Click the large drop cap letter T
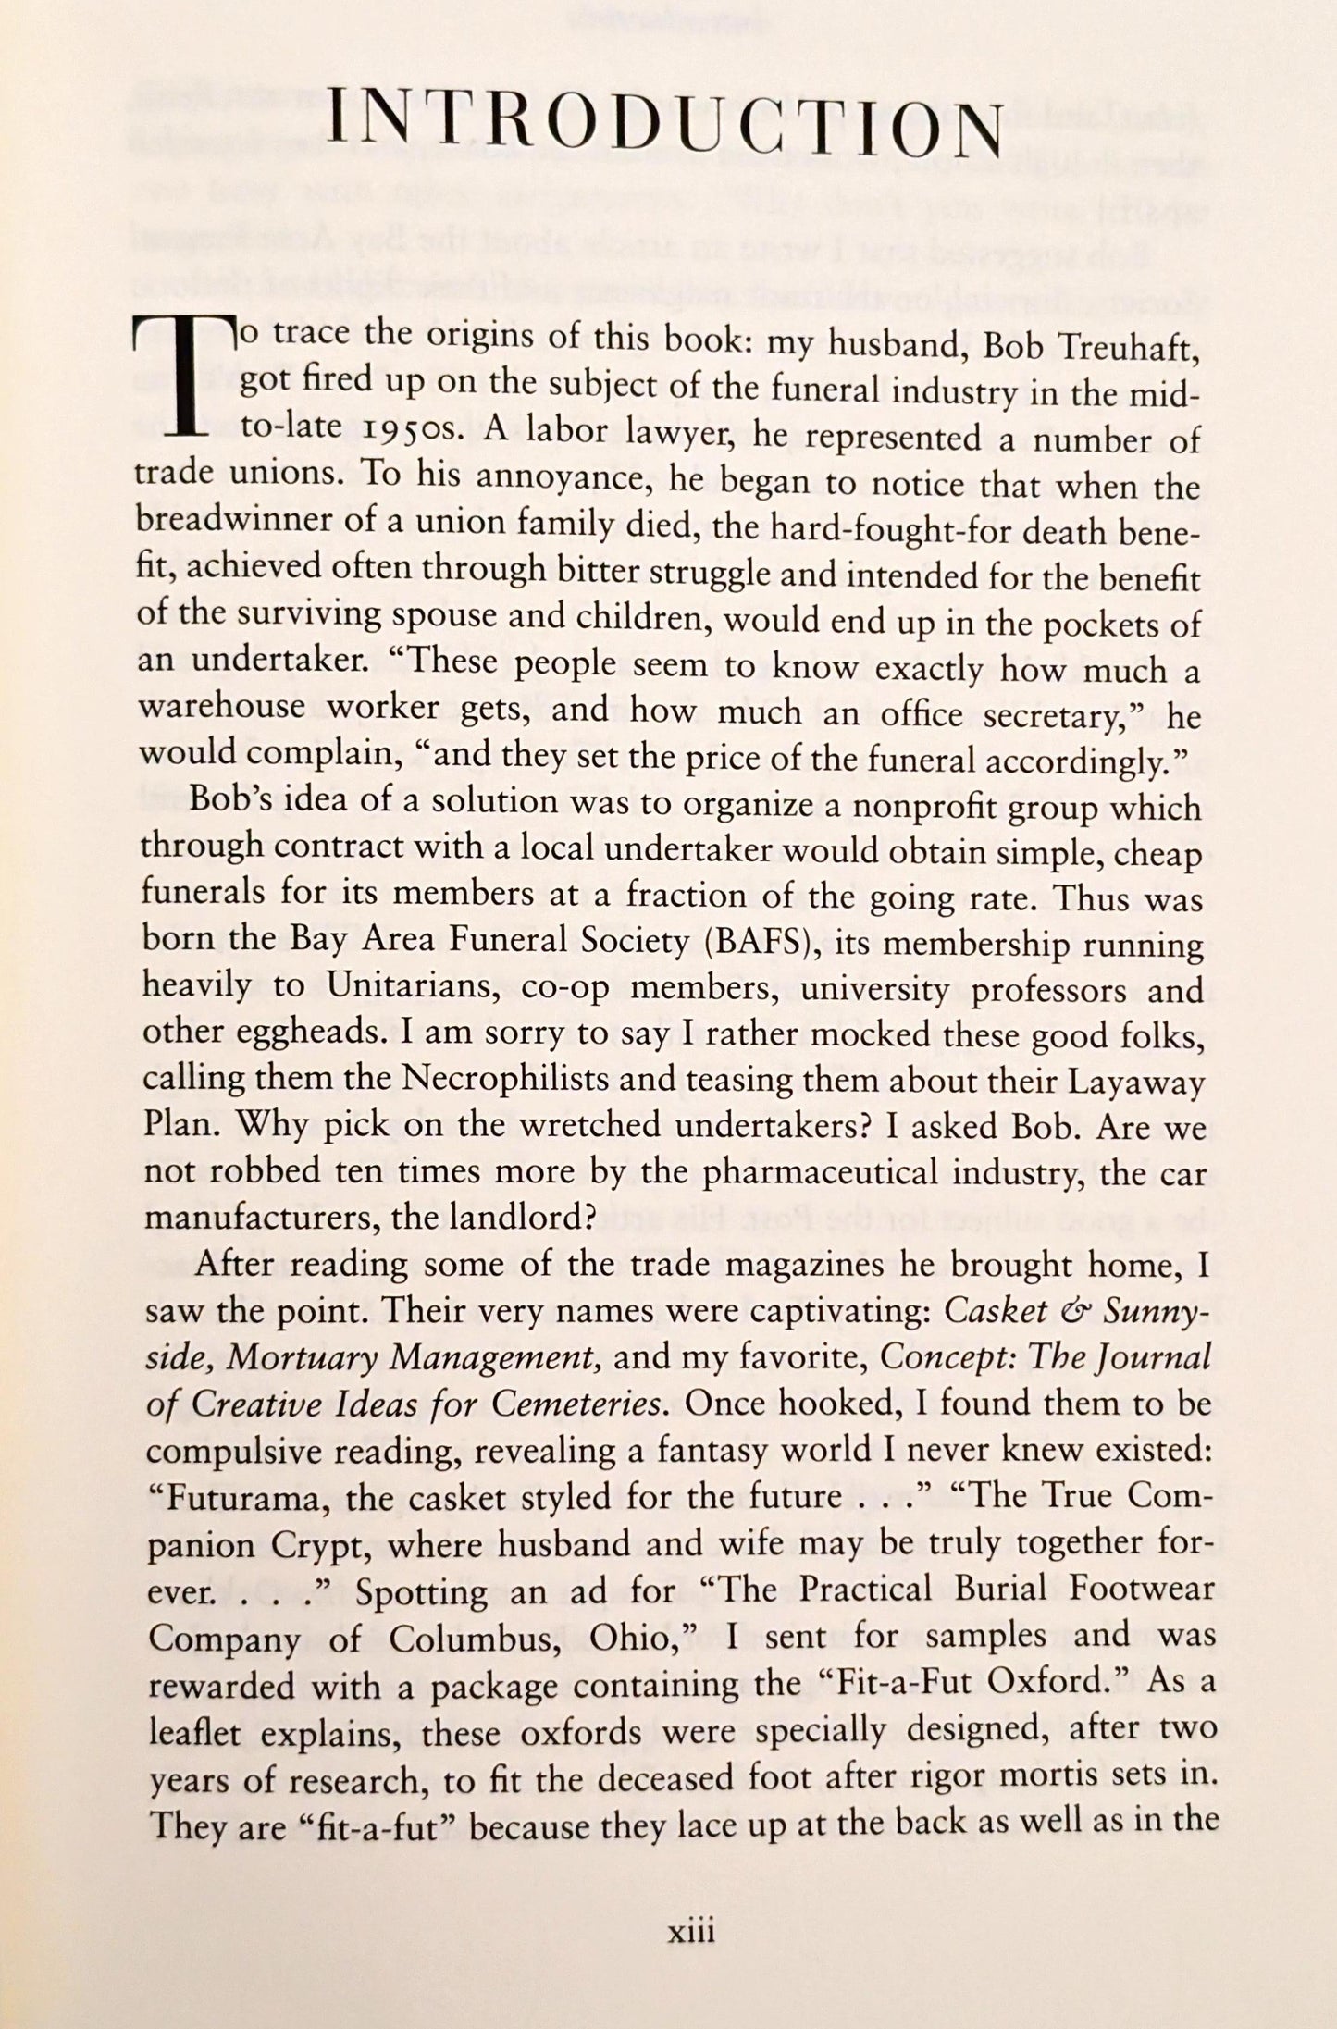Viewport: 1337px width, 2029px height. (x=192, y=378)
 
